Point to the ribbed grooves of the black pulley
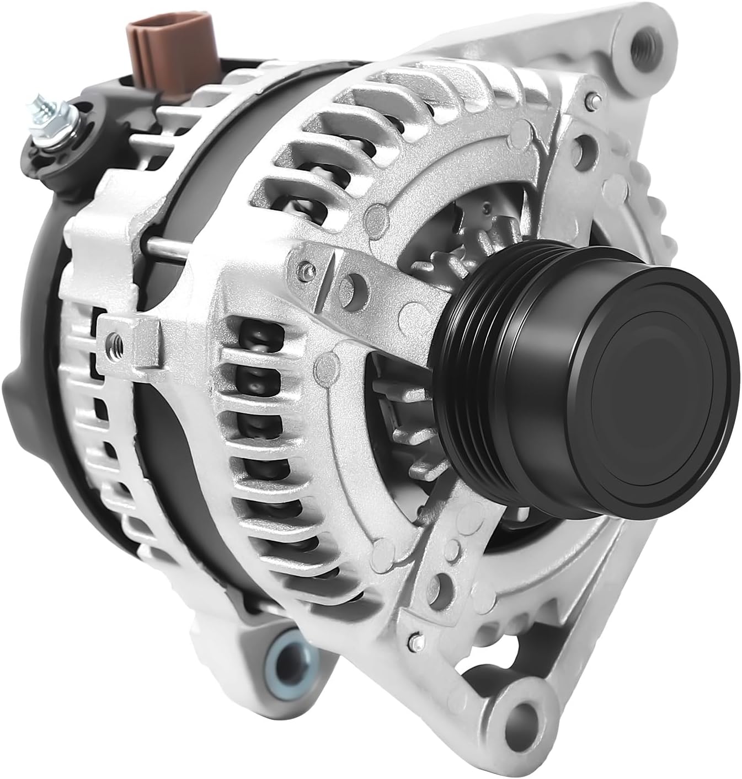(x=474, y=380)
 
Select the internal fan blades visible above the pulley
(x=469, y=232)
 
